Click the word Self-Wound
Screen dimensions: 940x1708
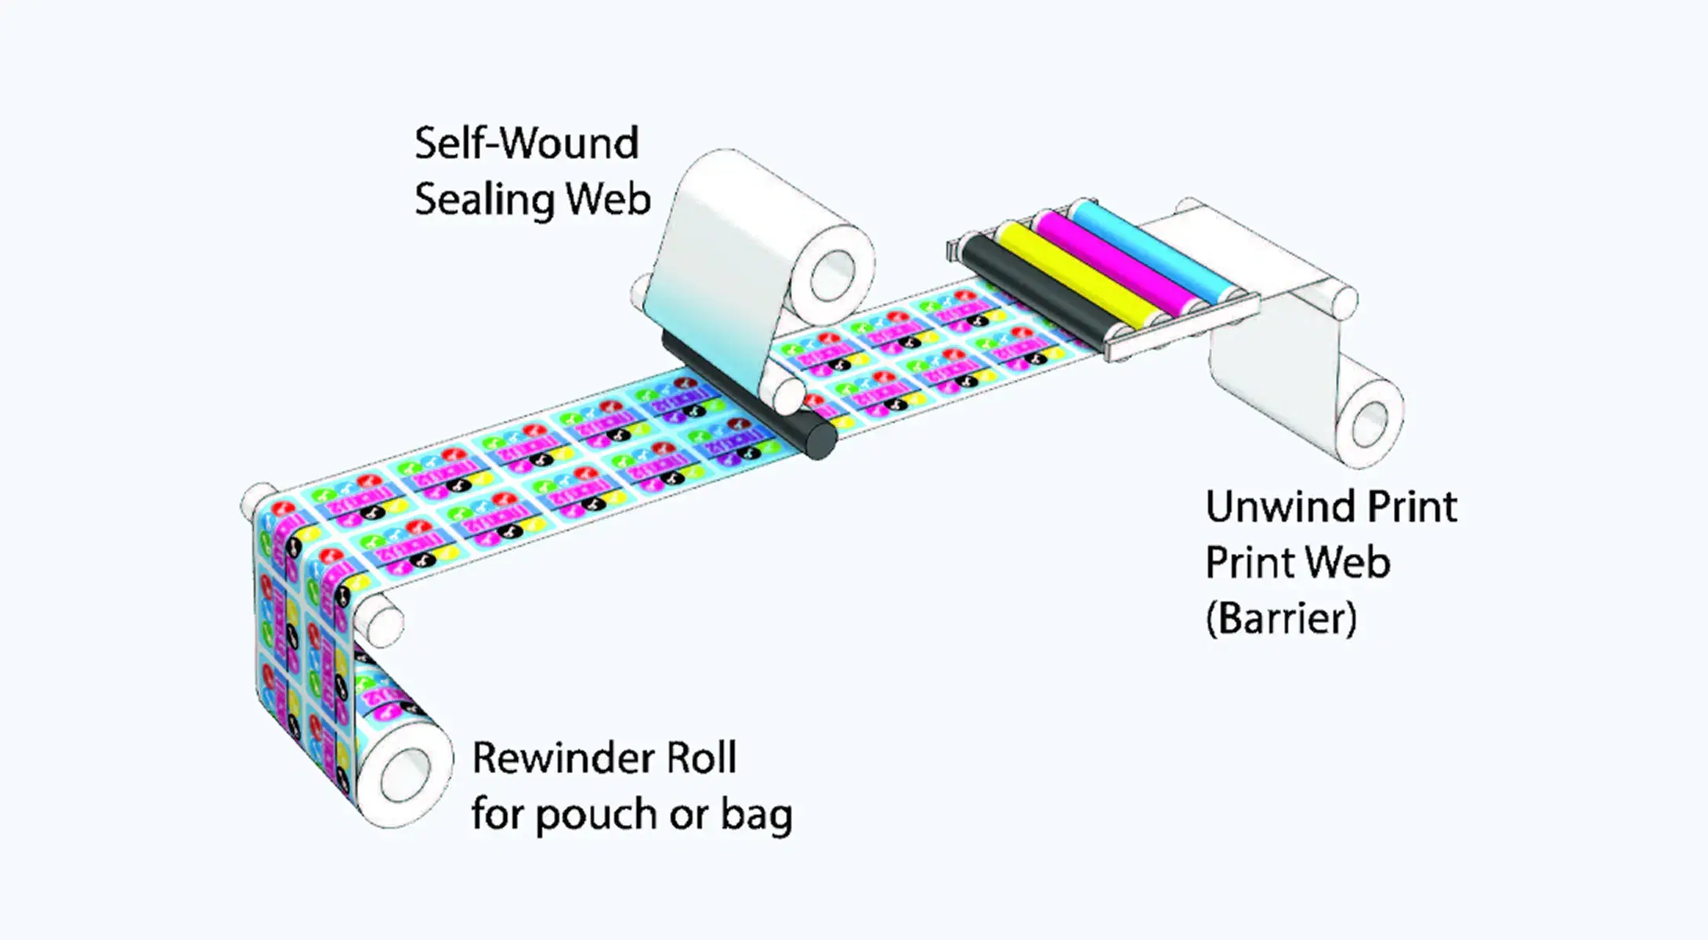(527, 143)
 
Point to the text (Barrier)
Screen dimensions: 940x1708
(1281, 619)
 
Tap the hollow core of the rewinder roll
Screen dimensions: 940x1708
(407, 775)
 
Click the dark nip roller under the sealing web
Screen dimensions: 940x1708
(752, 399)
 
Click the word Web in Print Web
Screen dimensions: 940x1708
(1347, 562)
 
